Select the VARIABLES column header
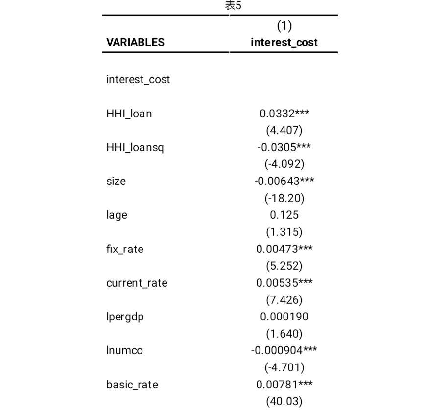(x=135, y=42)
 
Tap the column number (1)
(x=284, y=25)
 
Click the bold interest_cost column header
(x=284, y=42)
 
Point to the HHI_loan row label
(x=129, y=114)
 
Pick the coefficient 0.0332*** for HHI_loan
(x=284, y=114)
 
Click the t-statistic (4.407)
(x=284, y=130)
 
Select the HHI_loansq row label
(x=135, y=147)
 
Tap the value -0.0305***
(x=284, y=147)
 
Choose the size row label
(x=116, y=181)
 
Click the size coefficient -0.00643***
(x=284, y=181)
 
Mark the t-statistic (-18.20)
(x=284, y=198)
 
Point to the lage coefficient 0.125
(x=284, y=215)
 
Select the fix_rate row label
(x=125, y=249)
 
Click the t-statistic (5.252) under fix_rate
(x=284, y=266)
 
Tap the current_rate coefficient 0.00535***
(x=284, y=283)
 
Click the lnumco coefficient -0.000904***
(x=284, y=350)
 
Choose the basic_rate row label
(x=132, y=385)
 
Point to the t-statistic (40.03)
(x=284, y=402)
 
